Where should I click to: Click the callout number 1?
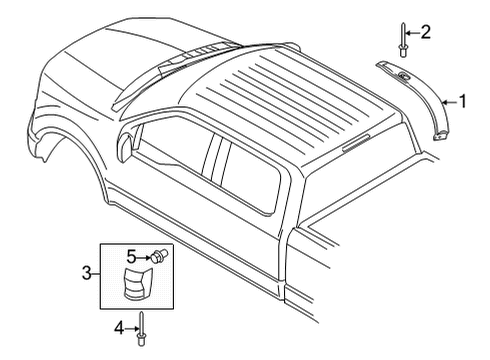coord(463,99)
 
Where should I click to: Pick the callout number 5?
coord(129,256)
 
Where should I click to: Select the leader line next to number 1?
coord(450,100)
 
